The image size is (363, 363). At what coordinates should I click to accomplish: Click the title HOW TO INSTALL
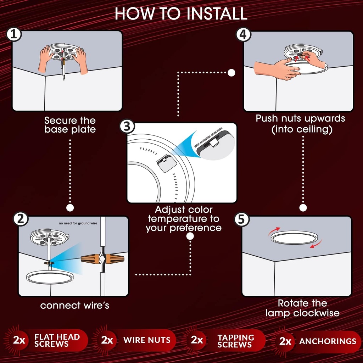(181, 13)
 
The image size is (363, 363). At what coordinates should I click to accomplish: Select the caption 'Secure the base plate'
(70, 125)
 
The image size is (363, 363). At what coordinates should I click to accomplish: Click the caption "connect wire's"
(74, 305)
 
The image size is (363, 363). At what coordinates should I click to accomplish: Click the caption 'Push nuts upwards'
(300, 118)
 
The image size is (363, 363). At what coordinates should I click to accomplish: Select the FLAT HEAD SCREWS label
(57, 340)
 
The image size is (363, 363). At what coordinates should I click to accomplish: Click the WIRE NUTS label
(147, 340)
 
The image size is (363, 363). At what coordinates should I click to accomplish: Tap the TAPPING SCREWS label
(236, 341)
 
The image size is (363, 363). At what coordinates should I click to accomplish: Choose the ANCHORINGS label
(328, 341)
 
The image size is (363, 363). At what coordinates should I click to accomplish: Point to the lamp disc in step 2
(50, 277)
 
